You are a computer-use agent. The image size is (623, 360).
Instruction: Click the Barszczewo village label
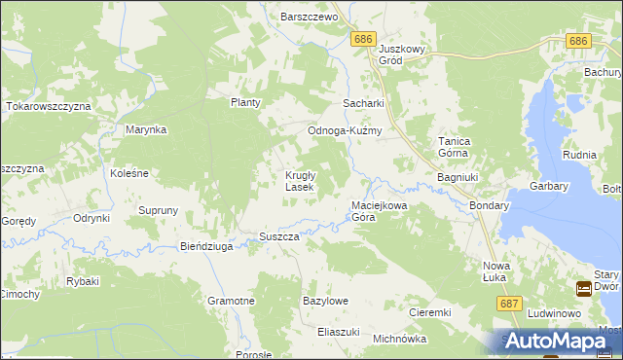pyautogui.click(x=308, y=18)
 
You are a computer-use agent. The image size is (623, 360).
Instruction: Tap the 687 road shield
pyautogui.click(x=507, y=304)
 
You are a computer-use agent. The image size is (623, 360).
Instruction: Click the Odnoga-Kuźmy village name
pyautogui.click(x=344, y=130)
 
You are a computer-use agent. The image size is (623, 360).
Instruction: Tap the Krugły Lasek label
pyautogui.click(x=298, y=181)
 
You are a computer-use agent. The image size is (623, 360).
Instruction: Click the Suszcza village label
pyautogui.click(x=278, y=237)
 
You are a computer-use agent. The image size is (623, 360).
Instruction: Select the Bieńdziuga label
pyautogui.click(x=207, y=247)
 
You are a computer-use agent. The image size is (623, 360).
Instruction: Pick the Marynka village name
pyautogui.click(x=146, y=129)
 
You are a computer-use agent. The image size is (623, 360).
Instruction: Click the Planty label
pyautogui.click(x=245, y=102)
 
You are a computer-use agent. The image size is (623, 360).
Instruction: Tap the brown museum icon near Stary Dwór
pyautogui.click(x=583, y=288)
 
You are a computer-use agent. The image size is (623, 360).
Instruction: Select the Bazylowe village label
pyautogui.click(x=326, y=302)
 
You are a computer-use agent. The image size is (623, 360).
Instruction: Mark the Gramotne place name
pyautogui.click(x=232, y=302)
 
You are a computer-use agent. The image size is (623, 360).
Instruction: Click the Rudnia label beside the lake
pyautogui.click(x=579, y=155)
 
